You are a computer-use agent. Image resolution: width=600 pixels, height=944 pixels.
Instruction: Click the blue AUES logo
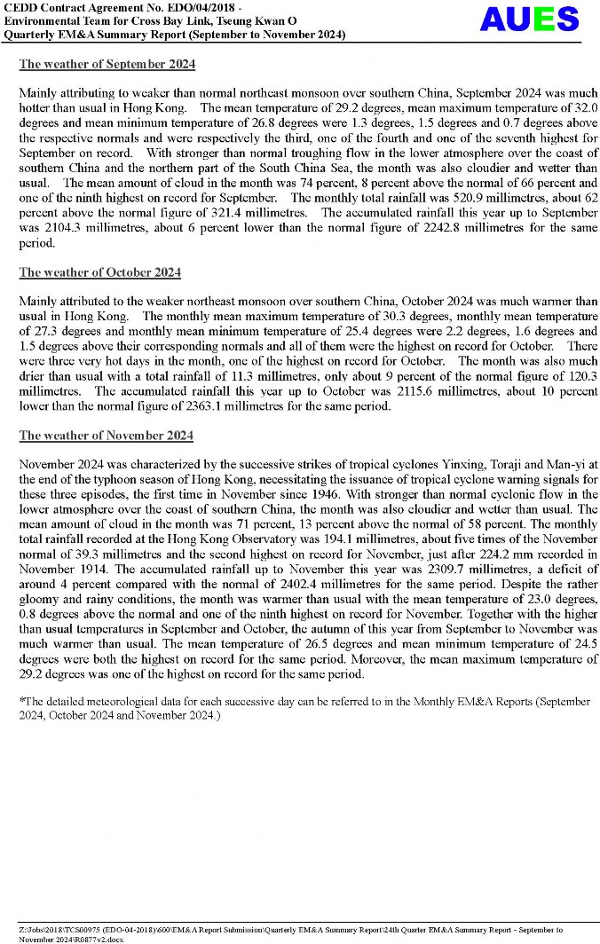point(529,19)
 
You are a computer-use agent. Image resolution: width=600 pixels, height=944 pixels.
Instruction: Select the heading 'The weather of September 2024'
point(107,65)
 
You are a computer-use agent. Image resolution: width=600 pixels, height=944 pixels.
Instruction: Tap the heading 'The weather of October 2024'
point(100,272)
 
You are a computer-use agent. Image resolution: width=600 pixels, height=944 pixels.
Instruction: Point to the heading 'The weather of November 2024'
point(107,436)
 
